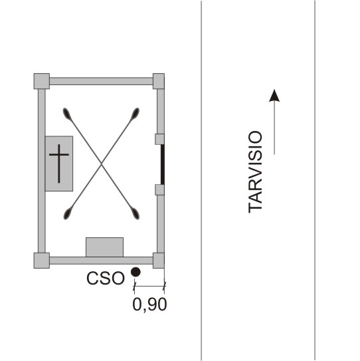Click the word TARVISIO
(x=255, y=172)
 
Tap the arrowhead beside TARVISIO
(x=274, y=96)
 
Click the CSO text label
(x=106, y=278)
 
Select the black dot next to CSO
(x=135, y=272)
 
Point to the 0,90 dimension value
(x=149, y=305)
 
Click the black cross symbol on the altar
(x=59, y=164)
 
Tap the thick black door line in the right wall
(x=163, y=164)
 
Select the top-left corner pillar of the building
(x=42, y=81)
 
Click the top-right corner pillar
(x=159, y=81)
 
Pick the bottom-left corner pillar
(x=42, y=261)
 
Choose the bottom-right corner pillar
(x=159, y=261)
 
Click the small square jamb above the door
(x=159, y=139)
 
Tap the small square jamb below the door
(x=159, y=189)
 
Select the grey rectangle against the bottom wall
(x=105, y=247)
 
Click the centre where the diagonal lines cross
(x=101, y=164)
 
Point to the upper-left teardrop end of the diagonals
(x=67, y=114)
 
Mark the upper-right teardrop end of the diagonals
(x=135, y=114)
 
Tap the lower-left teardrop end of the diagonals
(x=68, y=213)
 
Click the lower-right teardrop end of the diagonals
(x=135, y=213)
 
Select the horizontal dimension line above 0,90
(x=149, y=286)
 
